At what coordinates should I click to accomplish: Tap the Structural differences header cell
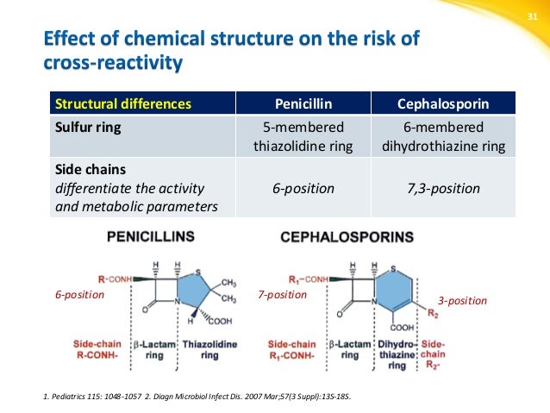pyautogui.click(x=123, y=104)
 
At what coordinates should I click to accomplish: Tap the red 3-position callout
pyautogui.click(x=462, y=301)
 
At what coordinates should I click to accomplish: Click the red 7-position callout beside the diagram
pyautogui.click(x=282, y=294)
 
